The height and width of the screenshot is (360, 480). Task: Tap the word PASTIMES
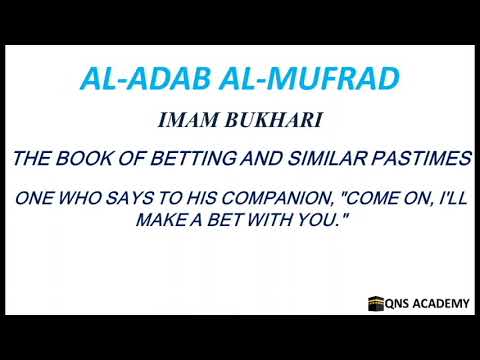(x=429, y=160)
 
